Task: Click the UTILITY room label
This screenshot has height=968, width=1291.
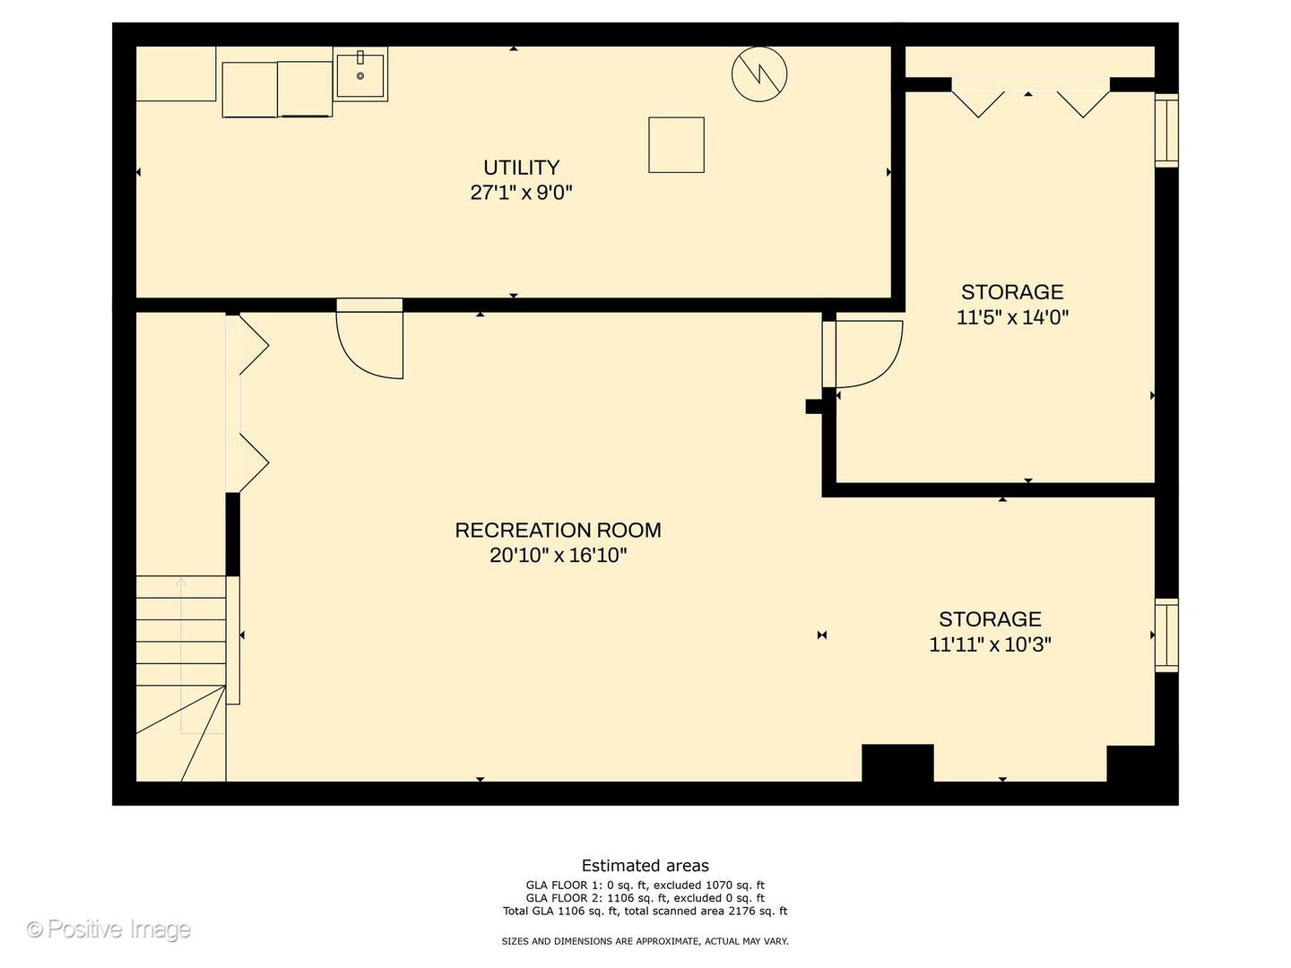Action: [521, 168]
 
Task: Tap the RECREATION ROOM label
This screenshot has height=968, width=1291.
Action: [558, 531]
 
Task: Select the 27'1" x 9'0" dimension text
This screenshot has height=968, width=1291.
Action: [521, 193]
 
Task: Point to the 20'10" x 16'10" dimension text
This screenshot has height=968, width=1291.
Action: [558, 556]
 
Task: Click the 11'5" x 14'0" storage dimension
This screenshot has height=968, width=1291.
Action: [1012, 317]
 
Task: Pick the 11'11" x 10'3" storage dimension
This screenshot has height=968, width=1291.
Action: [990, 644]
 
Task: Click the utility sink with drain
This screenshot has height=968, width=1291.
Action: [360, 75]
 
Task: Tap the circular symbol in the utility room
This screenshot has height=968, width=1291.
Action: [759, 73]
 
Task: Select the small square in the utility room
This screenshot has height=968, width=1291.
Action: [676, 144]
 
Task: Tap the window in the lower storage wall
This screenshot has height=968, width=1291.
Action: [1165, 635]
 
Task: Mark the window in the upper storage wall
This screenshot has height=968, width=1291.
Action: [1165, 131]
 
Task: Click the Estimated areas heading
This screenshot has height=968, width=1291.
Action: [645, 866]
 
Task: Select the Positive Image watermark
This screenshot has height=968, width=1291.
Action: [108, 929]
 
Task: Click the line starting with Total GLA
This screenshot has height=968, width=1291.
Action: [645, 912]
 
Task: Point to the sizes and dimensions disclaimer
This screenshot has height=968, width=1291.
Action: [645, 941]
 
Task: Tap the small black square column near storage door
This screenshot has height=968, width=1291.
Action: [813, 406]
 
